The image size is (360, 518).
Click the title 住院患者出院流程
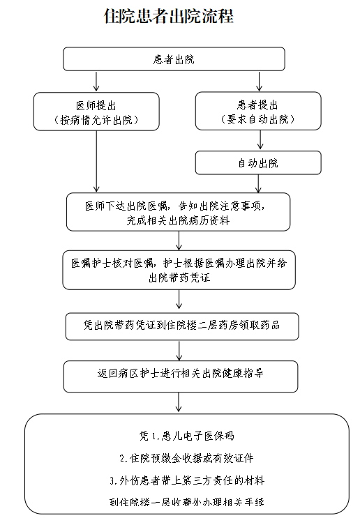(169, 16)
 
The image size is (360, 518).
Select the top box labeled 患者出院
(174, 59)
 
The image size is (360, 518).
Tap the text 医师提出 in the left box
(96, 105)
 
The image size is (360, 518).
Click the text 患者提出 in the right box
(257, 105)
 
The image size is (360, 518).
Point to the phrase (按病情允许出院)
(96, 120)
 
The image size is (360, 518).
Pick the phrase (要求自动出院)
(257, 119)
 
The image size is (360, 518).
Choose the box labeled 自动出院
(258, 162)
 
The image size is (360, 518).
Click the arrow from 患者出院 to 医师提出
(96, 82)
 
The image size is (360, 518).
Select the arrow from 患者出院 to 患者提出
(259, 82)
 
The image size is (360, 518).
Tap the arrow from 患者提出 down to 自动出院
(260, 139)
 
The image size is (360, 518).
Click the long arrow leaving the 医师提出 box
(96, 161)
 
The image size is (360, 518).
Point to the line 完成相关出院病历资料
(178, 220)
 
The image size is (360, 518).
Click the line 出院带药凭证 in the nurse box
(179, 277)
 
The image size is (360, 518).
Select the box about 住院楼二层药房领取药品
(182, 326)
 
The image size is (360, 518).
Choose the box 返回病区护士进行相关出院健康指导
(181, 376)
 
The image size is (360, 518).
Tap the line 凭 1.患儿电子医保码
(187, 436)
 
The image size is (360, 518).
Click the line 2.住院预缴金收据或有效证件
(187, 458)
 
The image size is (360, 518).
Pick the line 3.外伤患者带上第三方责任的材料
(187, 480)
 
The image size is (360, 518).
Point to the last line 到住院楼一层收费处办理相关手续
(187, 502)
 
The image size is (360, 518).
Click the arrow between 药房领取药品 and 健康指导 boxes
(179, 351)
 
